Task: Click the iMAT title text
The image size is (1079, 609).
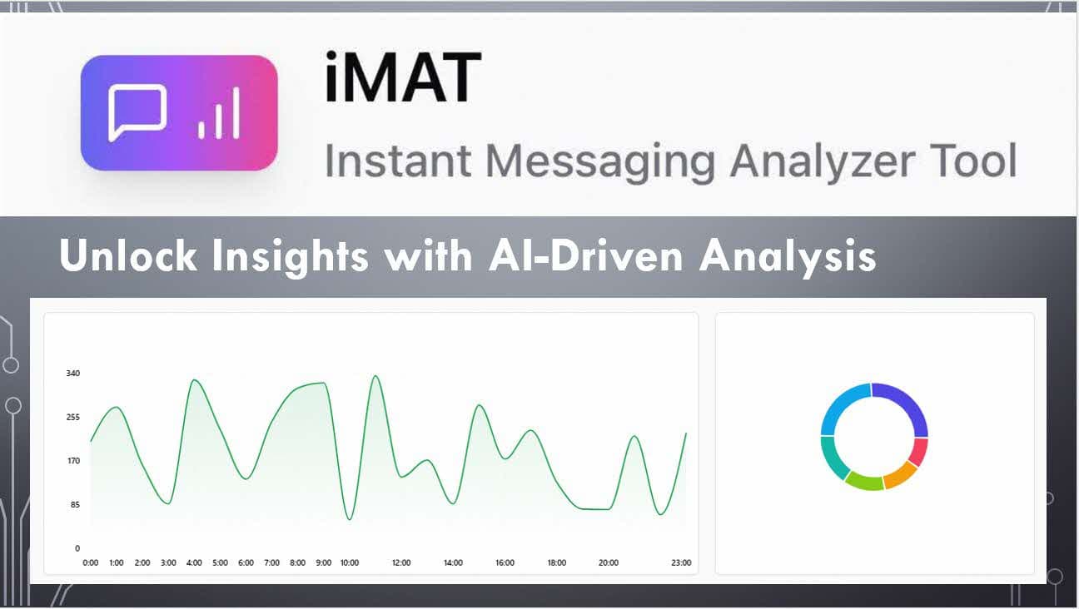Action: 403,78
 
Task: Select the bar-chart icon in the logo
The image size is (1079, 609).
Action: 219,114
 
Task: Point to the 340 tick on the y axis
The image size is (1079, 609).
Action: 73,374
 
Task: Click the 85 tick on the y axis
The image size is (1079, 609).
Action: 75,504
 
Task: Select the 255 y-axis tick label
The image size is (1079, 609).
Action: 73,417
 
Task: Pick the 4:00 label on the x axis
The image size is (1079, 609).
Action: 194,563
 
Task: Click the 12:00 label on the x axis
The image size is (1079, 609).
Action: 401,563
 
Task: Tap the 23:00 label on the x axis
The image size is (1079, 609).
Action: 681,563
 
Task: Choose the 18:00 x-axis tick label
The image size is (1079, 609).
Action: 557,563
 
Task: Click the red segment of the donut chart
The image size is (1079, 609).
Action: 918,453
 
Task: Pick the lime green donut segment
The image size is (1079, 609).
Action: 864,481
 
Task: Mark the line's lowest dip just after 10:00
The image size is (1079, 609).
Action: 350,520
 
